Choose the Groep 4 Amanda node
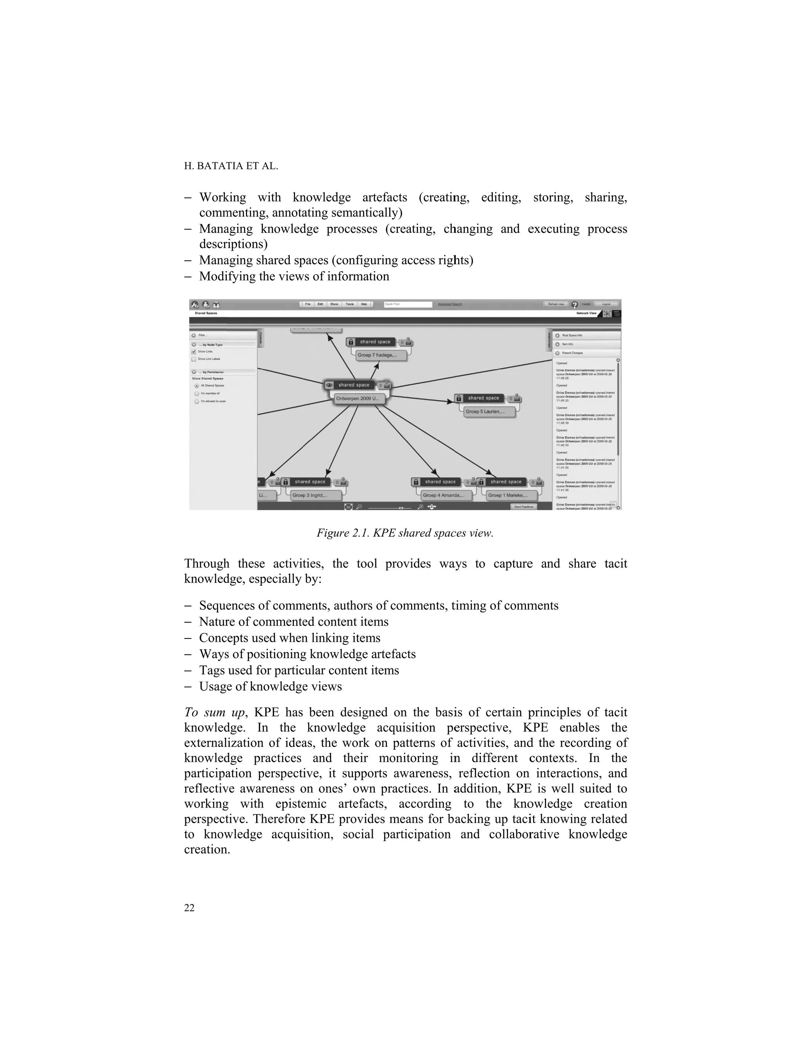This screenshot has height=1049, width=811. point(444,495)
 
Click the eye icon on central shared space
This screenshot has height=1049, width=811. point(329,385)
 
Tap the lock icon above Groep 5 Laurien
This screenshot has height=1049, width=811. point(459,398)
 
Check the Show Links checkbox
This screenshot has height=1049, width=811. point(194,352)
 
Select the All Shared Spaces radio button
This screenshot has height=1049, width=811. point(196,386)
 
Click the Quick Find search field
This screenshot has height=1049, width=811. point(408,304)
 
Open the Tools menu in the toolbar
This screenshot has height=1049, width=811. point(350,304)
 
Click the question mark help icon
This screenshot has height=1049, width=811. point(574,304)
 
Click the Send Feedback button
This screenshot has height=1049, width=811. point(524,506)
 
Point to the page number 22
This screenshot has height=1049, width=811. point(189,907)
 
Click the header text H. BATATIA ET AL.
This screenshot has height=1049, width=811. point(231,166)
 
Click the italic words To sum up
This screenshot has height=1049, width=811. point(214,712)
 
